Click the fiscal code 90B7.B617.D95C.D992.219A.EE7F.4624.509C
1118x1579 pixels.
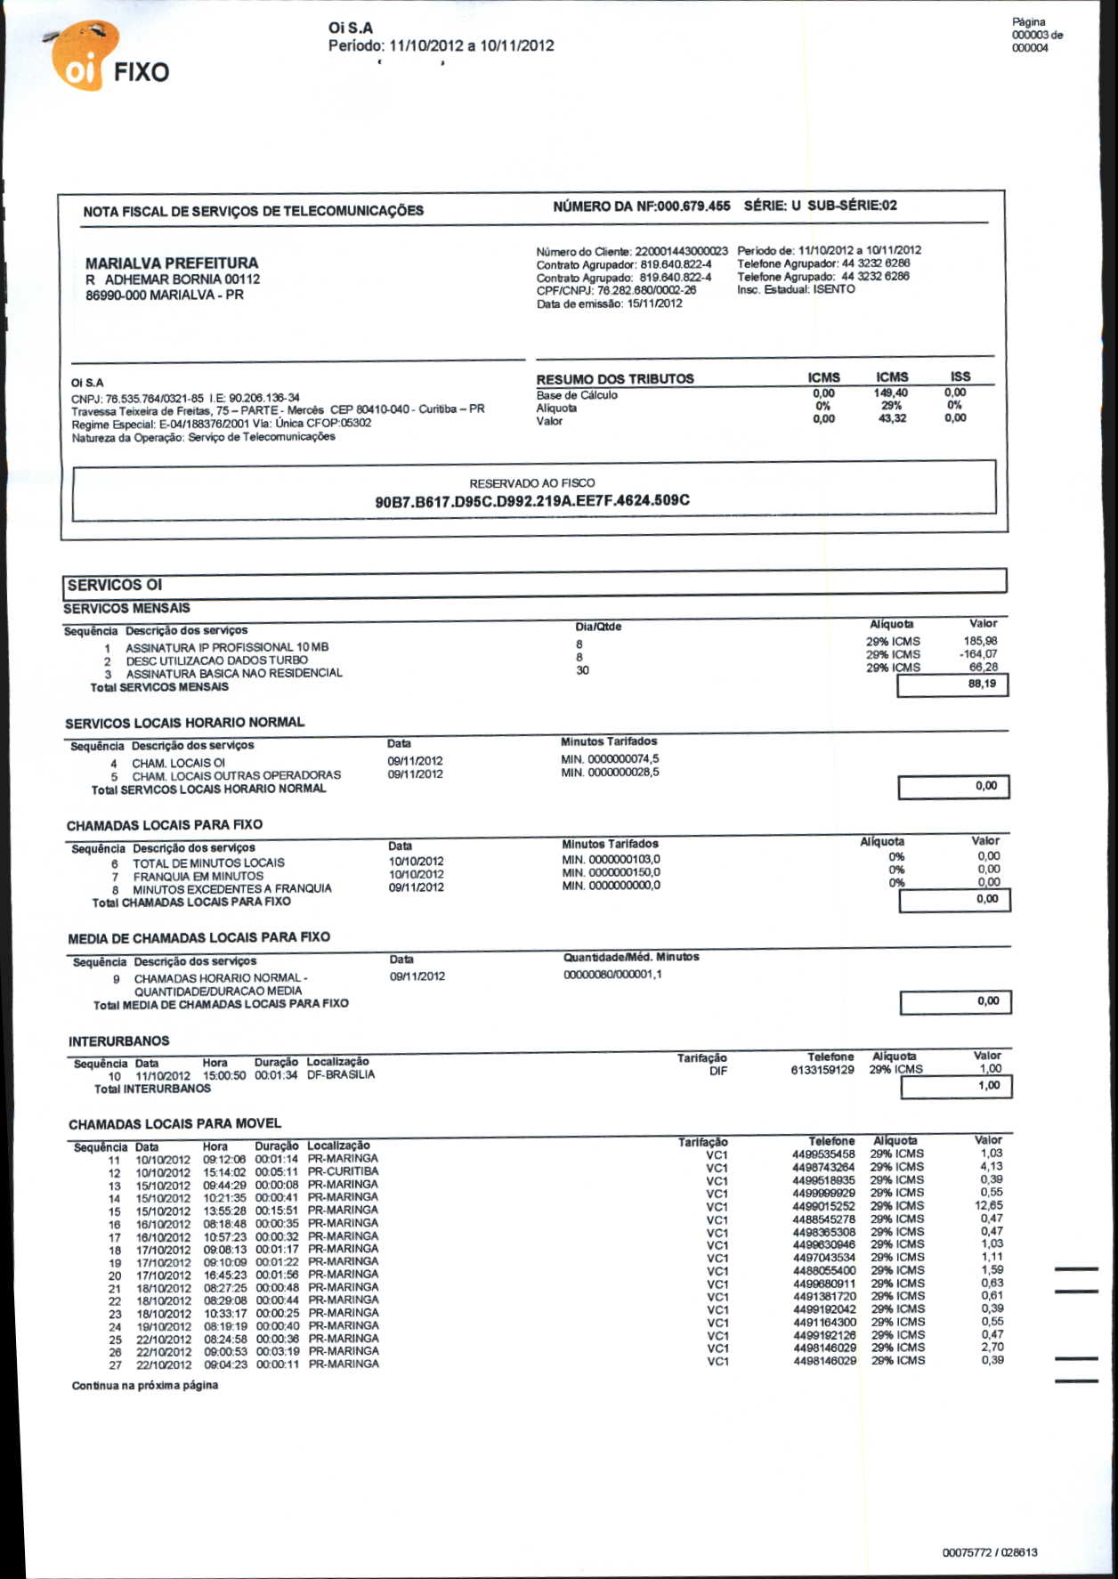click(532, 501)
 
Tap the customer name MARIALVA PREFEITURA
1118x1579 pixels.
click(172, 263)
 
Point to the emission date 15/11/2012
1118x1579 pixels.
click(655, 304)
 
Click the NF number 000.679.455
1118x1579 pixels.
click(693, 206)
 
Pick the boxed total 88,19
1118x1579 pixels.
click(982, 684)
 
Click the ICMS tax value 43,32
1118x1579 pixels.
click(891, 418)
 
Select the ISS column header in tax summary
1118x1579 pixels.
click(960, 377)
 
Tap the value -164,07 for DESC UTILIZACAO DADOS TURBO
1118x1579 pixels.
click(978, 654)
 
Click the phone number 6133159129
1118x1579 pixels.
click(822, 1070)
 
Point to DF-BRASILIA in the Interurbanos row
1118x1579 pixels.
click(341, 1075)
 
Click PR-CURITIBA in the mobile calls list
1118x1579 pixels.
click(343, 1171)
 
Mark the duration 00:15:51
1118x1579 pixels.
click(277, 1211)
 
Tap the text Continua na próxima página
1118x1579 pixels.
click(145, 1386)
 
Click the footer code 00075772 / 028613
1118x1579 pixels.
click(990, 1552)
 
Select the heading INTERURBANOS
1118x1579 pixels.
click(118, 1041)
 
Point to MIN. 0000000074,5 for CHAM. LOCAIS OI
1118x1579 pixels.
click(611, 759)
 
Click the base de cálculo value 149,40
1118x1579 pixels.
click(890, 393)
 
